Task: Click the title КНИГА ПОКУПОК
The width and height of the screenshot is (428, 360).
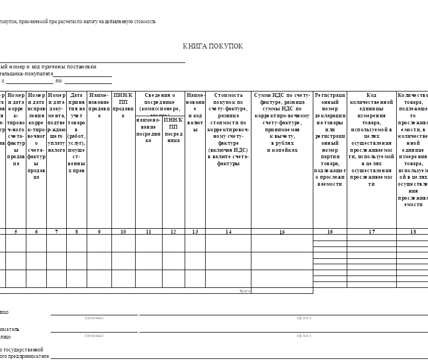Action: (x=213, y=46)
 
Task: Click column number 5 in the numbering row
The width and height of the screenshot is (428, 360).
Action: (x=16, y=231)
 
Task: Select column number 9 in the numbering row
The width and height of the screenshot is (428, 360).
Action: (x=99, y=231)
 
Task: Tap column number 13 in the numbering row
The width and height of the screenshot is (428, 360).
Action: (x=195, y=231)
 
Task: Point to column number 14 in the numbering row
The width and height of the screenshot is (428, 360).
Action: (x=228, y=231)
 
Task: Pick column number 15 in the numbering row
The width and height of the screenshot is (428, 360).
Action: (x=282, y=232)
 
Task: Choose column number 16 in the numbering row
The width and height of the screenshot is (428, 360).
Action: (x=329, y=231)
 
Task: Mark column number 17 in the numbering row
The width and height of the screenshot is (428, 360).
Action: (x=371, y=231)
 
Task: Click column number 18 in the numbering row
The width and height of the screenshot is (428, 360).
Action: (x=413, y=231)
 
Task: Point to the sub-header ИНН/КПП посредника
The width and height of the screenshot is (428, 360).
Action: (x=173, y=130)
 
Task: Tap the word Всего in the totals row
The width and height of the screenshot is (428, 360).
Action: (x=244, y=291)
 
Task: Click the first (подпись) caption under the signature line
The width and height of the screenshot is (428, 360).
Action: (x=94, y=318)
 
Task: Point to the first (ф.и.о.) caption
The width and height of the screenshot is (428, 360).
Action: (x=304, y=318)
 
